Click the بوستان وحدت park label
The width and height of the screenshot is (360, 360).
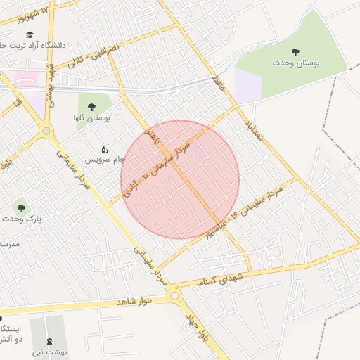296,63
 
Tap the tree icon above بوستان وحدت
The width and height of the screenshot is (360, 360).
296,51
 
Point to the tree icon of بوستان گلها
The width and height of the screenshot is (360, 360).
92,106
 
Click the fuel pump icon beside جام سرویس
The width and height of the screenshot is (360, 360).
105,149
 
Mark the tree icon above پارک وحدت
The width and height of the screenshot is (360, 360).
21,208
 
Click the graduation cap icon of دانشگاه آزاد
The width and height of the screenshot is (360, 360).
30,34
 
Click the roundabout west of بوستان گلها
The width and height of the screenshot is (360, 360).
47,131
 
